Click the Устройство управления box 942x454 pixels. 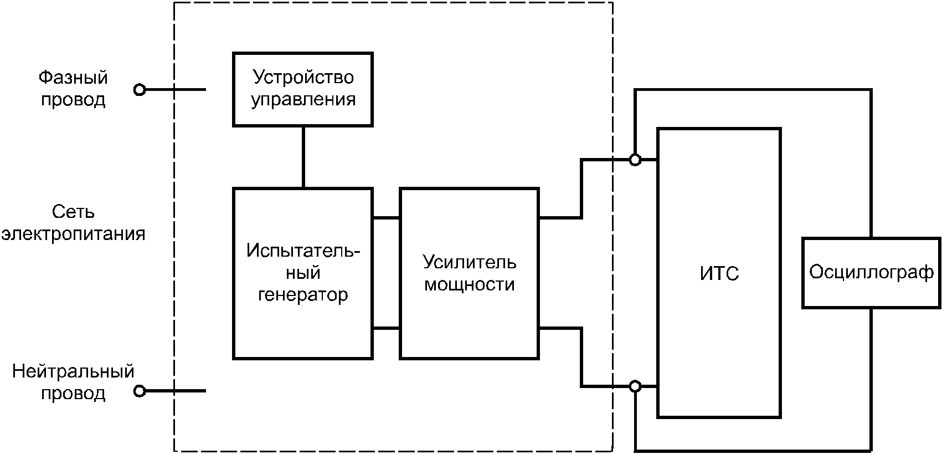pyautogui.click(x=303, y=89)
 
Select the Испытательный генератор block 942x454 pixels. pyautogui.click(x=303, y=273)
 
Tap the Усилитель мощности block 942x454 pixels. pyautogui.click(x=469, y=273)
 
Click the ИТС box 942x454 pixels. pyautogui.click(x=719, y=273)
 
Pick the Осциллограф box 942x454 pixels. pyautogui.click(x=871, y=272)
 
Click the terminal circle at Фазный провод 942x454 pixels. pyautogui.click(x=140, y=89)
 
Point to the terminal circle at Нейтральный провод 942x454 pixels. pyautogui.click(x=140, y=391)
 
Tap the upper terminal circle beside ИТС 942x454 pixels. pyautogui.click(x=635, y=160)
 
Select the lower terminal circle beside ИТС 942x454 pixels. pyautogui.click(x=635, y=386)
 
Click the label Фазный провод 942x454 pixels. pyautogui.click(x=73, y=89)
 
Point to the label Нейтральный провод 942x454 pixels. pyautogui.click(x=73, y=382)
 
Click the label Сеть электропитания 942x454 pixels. pyautogui.click(x=73, y=223)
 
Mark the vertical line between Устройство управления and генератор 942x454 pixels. pyautogui.click(x=303, y=157)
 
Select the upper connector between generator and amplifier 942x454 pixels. pyautogui.click(x=386, y=218)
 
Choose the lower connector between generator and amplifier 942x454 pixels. pyautogui.click(x=386, y=329)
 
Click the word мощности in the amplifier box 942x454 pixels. pyautogui.click(x=469, y=284)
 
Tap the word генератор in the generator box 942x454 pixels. pyautogui.click(x=303, y=294)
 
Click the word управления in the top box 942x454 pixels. pyautogui.click(x=303, y=100)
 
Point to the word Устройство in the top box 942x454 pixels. pyautogui.click(x=303, y=77)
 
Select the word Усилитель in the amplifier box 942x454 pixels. pyautogui.click(x=469, y=262)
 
